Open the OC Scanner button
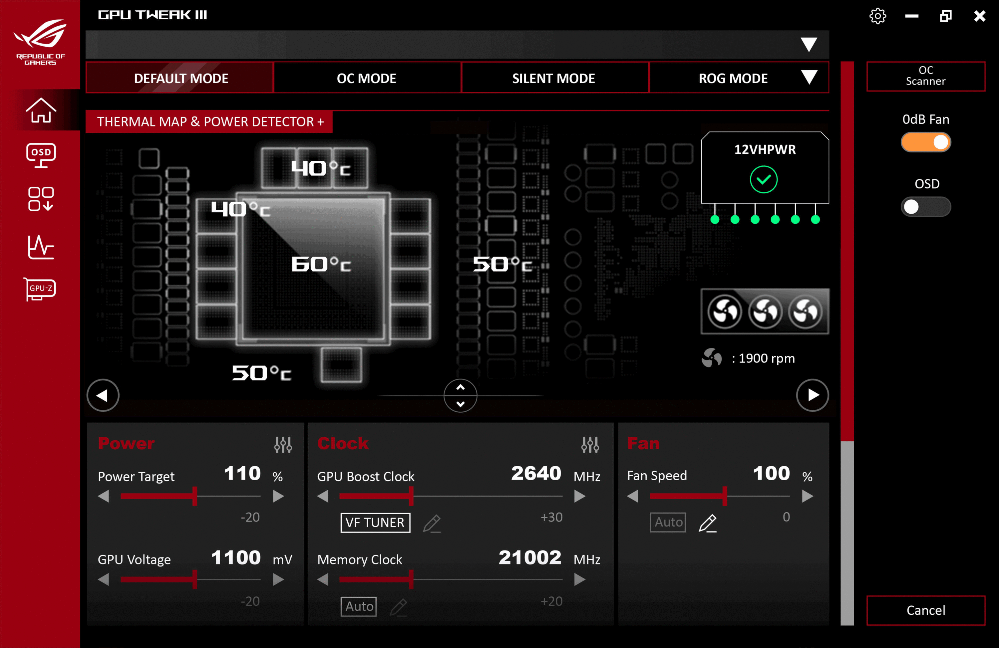point(925,76)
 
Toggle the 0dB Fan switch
point(925,142)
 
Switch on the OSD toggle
point(925,207)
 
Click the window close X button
point(980,16)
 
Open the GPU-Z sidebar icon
point(40,289)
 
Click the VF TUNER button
point(375,523)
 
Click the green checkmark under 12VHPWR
point(764,179)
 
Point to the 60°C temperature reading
point(321,264)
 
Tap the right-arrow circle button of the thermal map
point(812,395)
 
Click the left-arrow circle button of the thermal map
point(103,395)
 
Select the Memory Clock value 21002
point(530,557)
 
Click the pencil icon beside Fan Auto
point(708,523)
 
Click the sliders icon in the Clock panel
point(590,445)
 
